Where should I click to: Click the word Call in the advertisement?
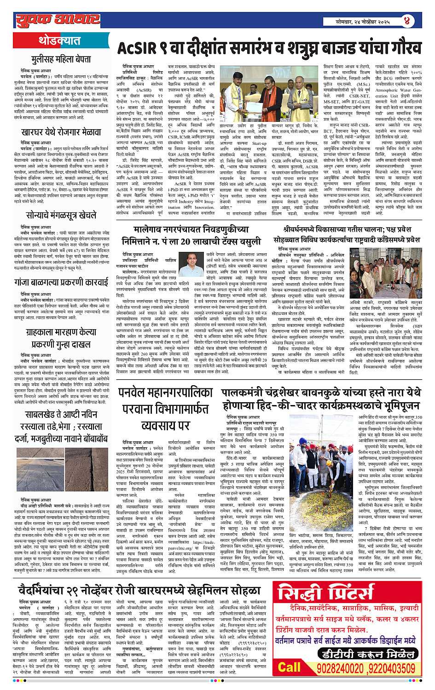click(x=289, y=667)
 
